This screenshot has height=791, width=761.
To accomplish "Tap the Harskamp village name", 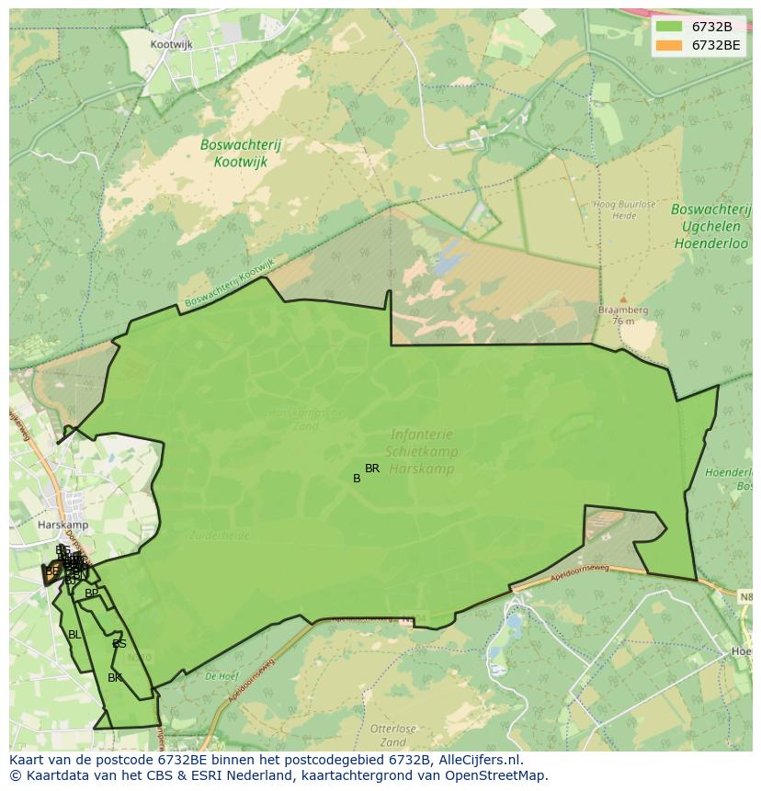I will click(62, 525).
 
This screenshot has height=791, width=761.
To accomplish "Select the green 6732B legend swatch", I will click(669, 27).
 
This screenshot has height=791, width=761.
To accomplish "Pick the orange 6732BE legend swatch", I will click(669, 45).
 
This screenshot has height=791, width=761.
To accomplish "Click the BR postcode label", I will click(372, 469).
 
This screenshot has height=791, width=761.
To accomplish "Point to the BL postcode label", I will click(74, 634).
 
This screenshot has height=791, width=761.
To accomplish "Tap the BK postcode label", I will click(115, 678).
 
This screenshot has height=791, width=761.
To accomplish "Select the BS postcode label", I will click(119, 644).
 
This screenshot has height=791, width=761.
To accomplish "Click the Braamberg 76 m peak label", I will click(623, 315).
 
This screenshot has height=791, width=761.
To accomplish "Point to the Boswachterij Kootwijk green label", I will click(241, 153).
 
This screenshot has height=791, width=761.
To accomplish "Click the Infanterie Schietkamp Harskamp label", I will click(424, 450).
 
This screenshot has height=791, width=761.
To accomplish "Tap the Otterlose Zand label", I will click(393, 735).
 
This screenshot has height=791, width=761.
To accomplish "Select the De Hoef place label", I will click(221, 675).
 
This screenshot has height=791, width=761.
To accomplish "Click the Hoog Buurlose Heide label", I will click(616, 210).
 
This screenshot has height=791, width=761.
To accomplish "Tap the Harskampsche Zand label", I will click(305, 420).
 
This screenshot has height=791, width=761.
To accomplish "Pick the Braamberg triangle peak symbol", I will click(623, 299).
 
